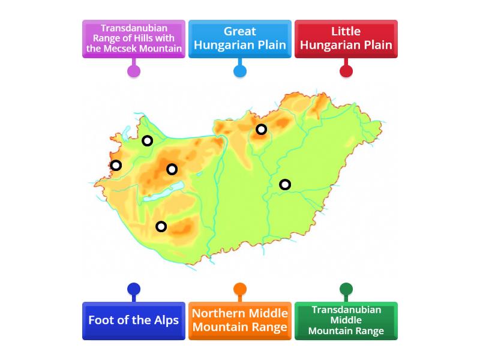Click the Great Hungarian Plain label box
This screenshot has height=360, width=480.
pyautogui.click(x=239, y=38)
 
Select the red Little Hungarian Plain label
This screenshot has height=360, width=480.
pyautogui.click(x=346, y=38)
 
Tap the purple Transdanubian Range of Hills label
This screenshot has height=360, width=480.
pyautogui.click(x=133, y=38)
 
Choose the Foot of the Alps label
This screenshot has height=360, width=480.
pyautogui.click(x=133, y=320)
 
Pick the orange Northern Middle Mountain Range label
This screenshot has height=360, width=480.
pyautogui.click(x=239, y=320)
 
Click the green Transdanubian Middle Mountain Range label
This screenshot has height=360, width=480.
pyautogui.click(x=346, y=320)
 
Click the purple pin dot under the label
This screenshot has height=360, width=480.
pyautogui.click(x=133, y=71)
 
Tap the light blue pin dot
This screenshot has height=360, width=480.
pyautogui.click(x=239, y=71)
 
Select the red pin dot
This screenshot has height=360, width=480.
pyautogui.click(x=346, y=71)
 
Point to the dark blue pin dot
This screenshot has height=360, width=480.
pyautogui.click(x=133, y=289)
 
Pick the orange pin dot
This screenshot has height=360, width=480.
pyautogui.click(x=239, y=289)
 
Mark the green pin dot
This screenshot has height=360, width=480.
pyautogui.click(x=346, y=289)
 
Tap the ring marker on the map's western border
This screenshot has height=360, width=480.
pyautogui.click(x=116, y=165)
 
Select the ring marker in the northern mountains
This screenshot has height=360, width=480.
pyautogui.click(x=261, y=129)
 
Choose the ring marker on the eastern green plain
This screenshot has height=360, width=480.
pyautogui.click(x=285, y=184)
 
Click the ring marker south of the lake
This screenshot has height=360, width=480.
pyautogui.click(x=161, y=226)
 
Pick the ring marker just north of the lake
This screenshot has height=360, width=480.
pyautogui.click(x=172, y=169)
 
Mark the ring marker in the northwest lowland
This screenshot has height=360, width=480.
pyautogui.click(x=147, y=141)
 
